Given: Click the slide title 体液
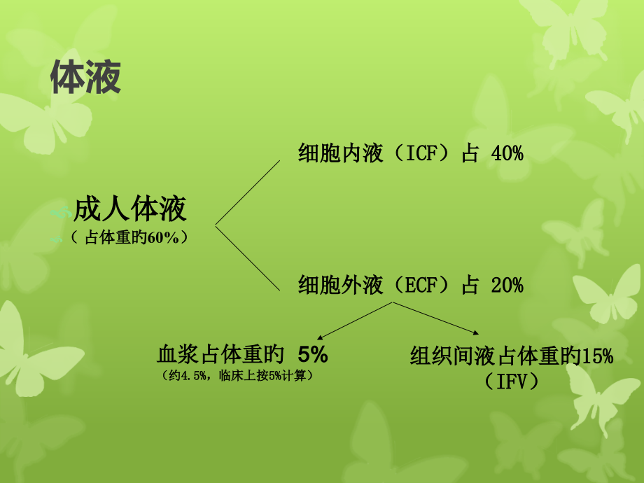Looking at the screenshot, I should [85, 78].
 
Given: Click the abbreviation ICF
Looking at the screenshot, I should [422, 153].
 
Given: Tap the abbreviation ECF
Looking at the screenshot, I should [423, 285].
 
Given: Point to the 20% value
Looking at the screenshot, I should [507, 285].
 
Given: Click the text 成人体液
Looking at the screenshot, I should [130, 209].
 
